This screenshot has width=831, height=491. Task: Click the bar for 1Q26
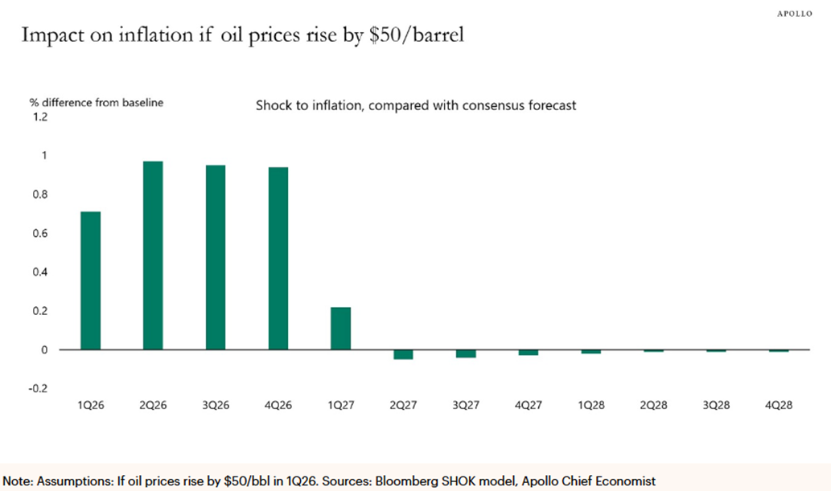[90, 280]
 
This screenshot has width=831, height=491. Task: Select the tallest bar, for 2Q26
[153, 256]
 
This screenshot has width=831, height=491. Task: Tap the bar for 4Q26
[278, 259]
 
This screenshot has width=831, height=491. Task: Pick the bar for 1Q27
[340, 329]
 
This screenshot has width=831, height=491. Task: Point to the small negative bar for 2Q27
[403, 354]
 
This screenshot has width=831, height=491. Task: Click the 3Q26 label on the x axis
[215, 406]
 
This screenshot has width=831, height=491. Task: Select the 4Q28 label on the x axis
[778, 406]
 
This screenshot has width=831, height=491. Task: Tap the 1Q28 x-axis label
[590, 406]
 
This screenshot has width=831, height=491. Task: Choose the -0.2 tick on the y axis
[38, 389]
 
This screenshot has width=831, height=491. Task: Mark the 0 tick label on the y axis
[43, 350]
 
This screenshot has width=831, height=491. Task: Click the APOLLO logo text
[800, 14]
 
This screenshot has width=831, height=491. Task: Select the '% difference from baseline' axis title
[97, 102]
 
